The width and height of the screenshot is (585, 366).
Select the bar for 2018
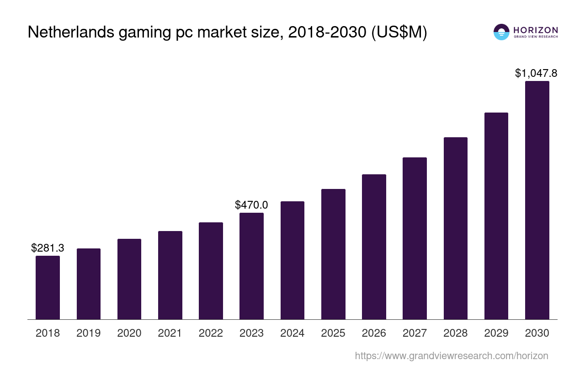coord(48,287)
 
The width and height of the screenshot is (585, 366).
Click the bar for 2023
coord(251,266)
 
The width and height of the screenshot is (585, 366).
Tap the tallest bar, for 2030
coord(537,200)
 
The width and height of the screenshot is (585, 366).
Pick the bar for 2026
coord(374,247)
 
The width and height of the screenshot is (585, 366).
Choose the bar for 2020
coord(129,279)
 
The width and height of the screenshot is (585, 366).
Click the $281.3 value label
coord(48,248)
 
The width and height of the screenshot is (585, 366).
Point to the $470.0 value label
coord(251,205)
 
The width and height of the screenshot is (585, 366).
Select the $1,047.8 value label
coord(536,73)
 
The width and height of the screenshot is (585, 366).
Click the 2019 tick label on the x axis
coord(89,333)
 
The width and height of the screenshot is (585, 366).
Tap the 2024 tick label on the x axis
coord(292,333)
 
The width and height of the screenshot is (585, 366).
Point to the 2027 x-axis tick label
coord(415,333)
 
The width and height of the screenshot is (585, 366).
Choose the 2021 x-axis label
coord(170,333)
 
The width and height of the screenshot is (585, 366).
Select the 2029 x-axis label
coord(496,333)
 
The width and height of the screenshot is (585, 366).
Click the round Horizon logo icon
coord(501,32)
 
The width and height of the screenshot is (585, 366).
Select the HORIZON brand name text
coord(535,30)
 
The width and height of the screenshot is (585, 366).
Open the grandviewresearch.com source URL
coord(451,355)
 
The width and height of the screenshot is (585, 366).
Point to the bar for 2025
coord(333,254)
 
